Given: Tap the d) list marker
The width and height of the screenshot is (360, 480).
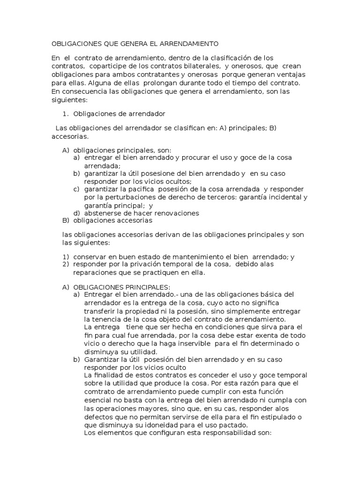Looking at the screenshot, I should pos(76,213).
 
